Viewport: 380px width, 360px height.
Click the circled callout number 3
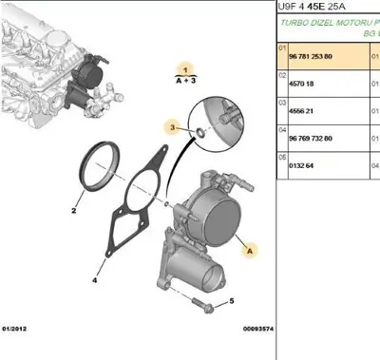(172, 126)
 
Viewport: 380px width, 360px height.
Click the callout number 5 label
(231, 301)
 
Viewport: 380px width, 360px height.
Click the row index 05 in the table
(281, 161)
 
